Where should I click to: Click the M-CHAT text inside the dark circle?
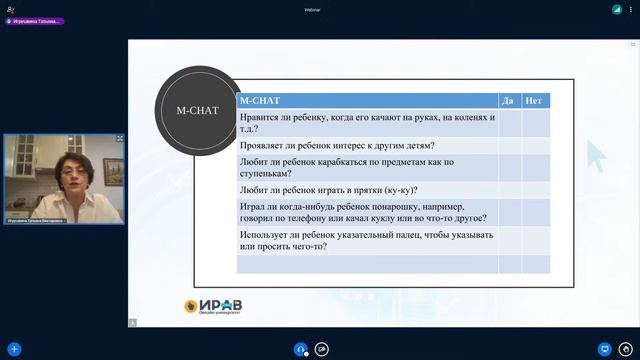click(196, 110)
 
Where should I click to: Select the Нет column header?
click(534, 100)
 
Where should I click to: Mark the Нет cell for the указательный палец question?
click(536, 241)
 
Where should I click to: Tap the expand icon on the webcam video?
click(120, 138)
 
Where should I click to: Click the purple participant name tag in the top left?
click(36, 21)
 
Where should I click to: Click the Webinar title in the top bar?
click(319, 8)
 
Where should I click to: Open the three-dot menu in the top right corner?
click(632, 9)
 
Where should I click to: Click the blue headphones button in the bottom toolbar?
click(300, 349)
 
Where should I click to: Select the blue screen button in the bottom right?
click(603, 349)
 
